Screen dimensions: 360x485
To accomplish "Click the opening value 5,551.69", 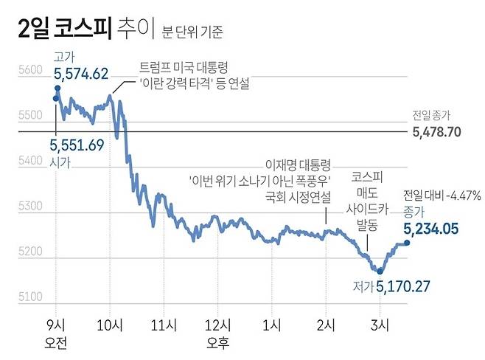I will tap(77, 145).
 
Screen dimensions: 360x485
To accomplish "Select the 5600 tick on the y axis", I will tap(29, 72).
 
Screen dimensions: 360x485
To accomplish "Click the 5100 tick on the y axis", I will tap(29, 297).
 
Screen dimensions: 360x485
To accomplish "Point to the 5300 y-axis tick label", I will tap(29, 207).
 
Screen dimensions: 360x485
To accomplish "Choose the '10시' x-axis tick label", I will tap(110, 325).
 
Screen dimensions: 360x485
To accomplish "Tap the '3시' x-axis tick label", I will tap(379, 325).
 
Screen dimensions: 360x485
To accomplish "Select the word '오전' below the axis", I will tap(56, 342).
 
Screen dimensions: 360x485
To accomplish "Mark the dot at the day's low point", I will tap(380, 271).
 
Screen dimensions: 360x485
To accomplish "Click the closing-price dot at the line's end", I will tap(407, 244).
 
